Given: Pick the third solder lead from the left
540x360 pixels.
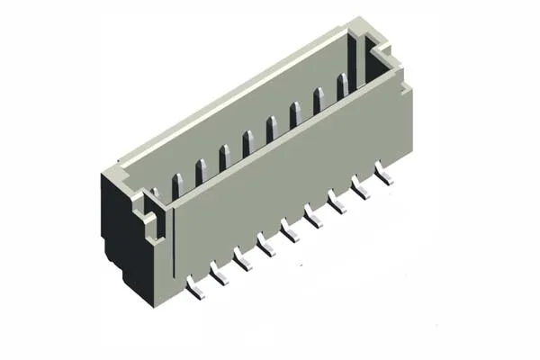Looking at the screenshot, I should coord(241,258).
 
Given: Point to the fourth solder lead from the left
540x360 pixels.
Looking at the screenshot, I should coord(265,243).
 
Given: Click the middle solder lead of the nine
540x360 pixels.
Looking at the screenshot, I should coord(290,229).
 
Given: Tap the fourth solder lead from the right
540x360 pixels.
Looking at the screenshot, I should coord(314,216).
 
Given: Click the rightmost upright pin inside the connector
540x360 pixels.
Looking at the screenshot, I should coord(343,86).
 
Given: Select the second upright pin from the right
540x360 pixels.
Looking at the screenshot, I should coord(319,100).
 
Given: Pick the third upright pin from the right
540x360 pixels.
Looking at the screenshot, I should coord(295,114).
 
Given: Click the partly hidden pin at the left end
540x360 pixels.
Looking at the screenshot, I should coord(155,192).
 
